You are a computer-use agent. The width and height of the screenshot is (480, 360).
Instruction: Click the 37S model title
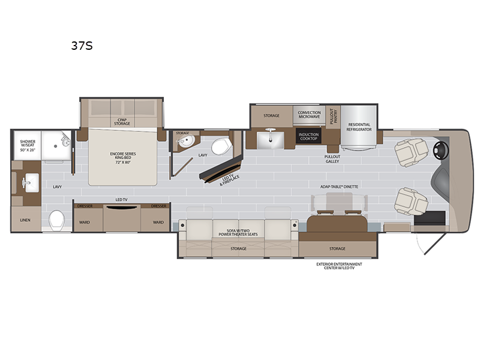pyautogui.click(x=82, y=46)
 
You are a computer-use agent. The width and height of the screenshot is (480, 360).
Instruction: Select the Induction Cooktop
pyautogui.click(x=308, y=136)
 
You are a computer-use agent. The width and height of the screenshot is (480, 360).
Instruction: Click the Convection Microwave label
pyautogui.click(x=309, y=115)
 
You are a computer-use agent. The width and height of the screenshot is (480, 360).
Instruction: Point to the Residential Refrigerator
pyautogui.click(x=359, y=127)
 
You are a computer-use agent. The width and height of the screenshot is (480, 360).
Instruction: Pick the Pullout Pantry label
pyautogui.click(x=333, y=116)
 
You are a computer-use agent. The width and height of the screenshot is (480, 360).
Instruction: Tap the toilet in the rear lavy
pyautogui.click(x=57, y=220)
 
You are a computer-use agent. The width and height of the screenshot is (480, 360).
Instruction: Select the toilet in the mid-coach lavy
pyautogui.click(x=220, y=146)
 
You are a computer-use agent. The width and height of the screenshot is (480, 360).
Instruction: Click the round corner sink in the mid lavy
pyautogui.click(x=185, y=141)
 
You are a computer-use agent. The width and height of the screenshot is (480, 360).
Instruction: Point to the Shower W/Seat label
pyautogui.click(x=28, y=146)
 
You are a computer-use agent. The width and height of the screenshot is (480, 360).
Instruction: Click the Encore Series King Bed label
pyautogui.click(x=123, y=158)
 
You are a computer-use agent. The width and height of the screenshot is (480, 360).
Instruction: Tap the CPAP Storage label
pyautogui.click(x=122, y=122)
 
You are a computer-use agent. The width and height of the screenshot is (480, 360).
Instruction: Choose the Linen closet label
pyautogui.click(x=25, y=220)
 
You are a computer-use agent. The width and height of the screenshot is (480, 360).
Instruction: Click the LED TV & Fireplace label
pyautogui.click(x=229, y=180)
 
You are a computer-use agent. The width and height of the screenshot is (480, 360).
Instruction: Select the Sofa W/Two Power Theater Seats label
pyautogui.click(x=238, y=233)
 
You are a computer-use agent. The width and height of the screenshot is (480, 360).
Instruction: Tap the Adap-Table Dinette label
pyautogui.click(x=339, y=187)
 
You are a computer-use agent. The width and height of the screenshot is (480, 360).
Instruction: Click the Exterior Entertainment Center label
pyautogui.click(x=339, y=266)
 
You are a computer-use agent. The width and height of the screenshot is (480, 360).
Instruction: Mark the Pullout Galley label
pyautogui.click(x=332, y=159)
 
